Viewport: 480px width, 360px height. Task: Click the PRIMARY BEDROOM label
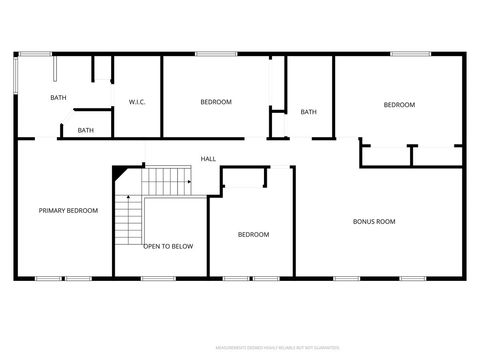pos(68,211)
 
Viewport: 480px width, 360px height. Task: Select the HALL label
pos(208,159)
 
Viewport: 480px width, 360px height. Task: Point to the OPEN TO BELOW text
pos(168,246)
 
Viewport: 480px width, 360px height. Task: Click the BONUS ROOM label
pos(374,221)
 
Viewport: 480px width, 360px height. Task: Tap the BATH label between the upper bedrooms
pos(308,112)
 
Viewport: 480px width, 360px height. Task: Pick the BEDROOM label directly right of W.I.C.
pos(216,102)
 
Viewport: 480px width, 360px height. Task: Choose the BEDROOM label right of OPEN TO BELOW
pos(253,235)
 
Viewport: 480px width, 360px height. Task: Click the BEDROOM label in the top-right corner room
pos(399,105)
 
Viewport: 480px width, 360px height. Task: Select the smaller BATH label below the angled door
pos(86,130)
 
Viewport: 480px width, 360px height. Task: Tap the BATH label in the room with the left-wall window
pos(58,97)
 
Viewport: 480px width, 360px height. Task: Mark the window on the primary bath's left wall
pos(15,75)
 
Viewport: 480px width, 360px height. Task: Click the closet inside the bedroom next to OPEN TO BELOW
pos(244,178)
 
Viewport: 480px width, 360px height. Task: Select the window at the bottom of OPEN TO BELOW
pos(158,278)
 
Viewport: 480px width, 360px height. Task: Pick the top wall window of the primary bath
pos(36,53)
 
